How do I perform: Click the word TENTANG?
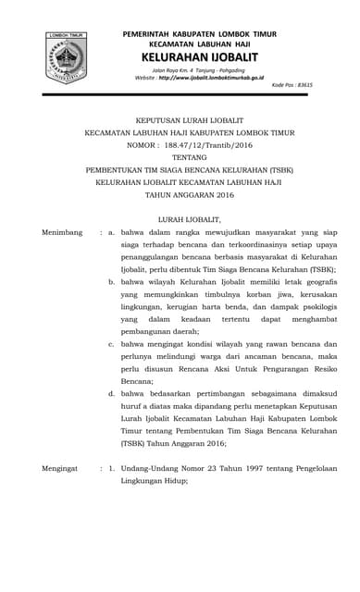[x=180, y=158]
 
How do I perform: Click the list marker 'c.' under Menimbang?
[x=112, y=343]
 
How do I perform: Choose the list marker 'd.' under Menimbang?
[x=112, y=393]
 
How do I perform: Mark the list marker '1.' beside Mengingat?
[x=112, y=469]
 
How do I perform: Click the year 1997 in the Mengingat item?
[x=242, y=469]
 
